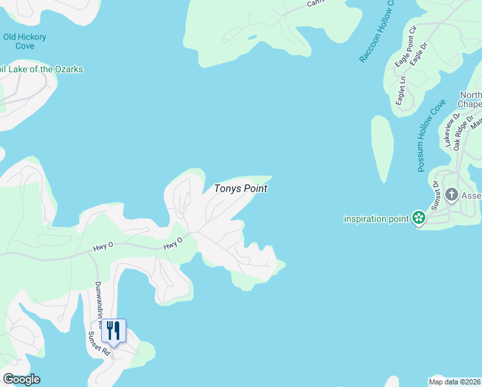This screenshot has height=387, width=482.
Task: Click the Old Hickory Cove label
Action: click(x=24, y=41)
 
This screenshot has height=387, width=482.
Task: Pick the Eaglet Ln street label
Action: click(x=401, y=91)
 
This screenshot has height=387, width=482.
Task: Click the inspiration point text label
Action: click(x=377, y=218)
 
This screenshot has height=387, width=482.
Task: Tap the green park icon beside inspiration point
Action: click(x=419, y=218)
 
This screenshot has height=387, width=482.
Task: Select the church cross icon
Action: click(x=452, y=195)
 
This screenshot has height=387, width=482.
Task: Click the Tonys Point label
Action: click(x=240, y=189)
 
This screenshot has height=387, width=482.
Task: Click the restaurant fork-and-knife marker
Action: click(x=113, y=332)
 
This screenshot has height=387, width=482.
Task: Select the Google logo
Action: click(x=21, y=379)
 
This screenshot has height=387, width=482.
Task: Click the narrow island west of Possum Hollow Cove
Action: click(x=383, y=148)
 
